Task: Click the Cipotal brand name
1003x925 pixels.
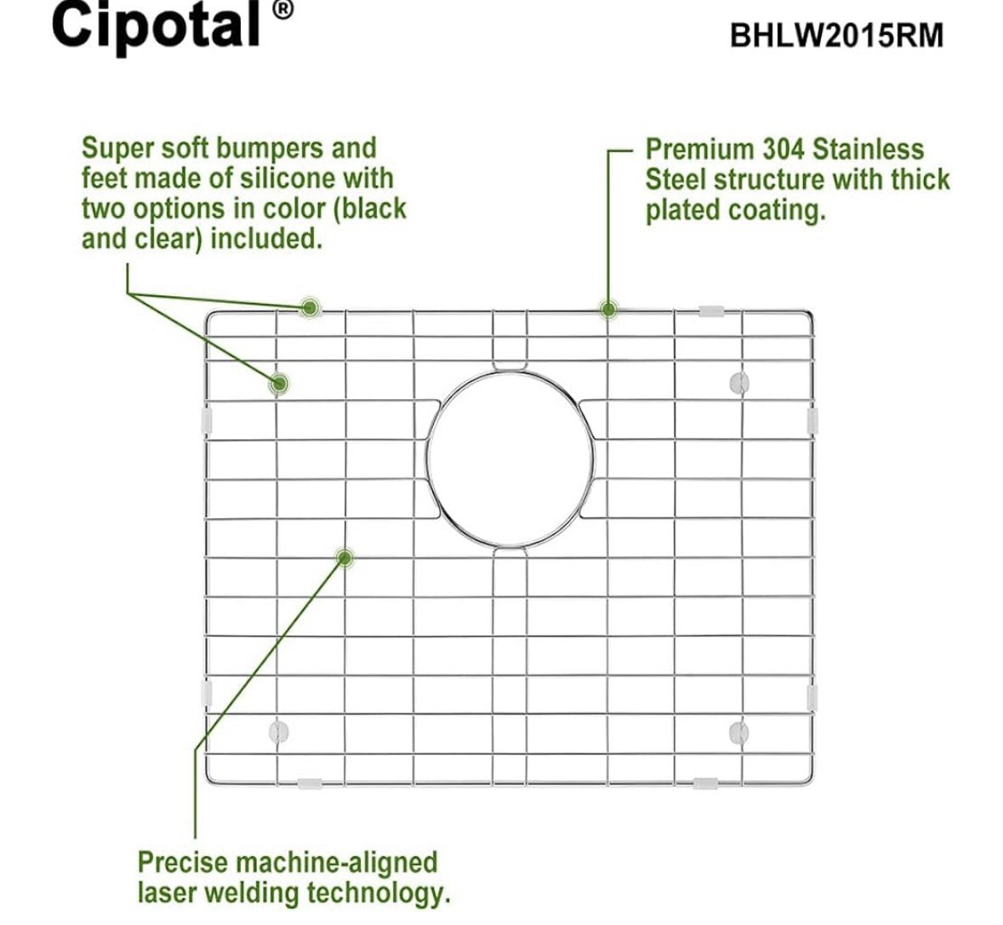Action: click(156, 26)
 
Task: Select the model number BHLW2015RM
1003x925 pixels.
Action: click(837, 35)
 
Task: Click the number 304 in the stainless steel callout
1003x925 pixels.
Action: click(783, 149)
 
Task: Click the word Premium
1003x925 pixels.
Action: click(700, 149)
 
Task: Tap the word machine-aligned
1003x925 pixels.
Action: click(337, 863)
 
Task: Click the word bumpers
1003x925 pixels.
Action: click(270, 149)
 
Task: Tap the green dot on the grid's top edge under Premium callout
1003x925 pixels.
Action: click(608, 311)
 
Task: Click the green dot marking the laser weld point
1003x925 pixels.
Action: click(345, 558)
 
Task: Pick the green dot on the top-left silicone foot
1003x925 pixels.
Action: click(278, 384)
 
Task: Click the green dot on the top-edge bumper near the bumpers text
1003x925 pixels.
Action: click(311, 308)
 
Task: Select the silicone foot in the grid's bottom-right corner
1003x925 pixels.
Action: click(738, 732)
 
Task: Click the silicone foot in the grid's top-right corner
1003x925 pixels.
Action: click(738, 383)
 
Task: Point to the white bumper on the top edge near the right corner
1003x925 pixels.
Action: click(711, 311)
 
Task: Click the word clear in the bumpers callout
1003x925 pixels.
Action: click(163, 238)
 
